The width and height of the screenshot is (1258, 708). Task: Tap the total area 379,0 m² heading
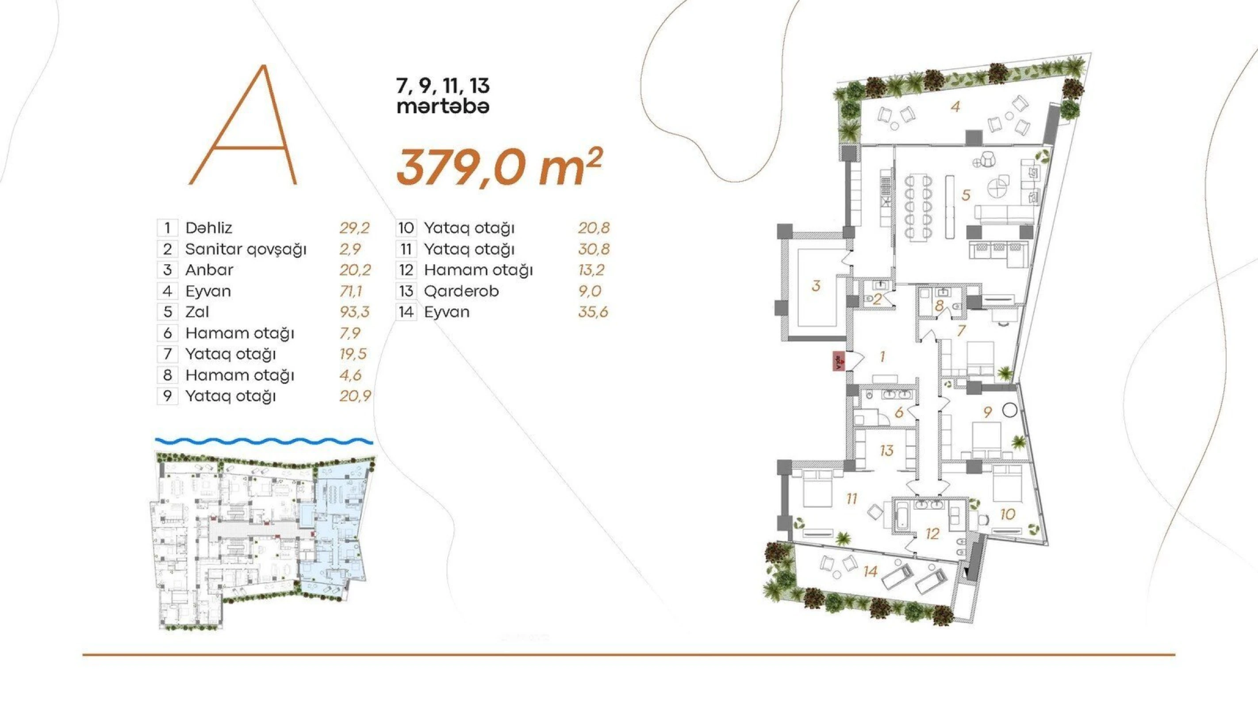point(498,167)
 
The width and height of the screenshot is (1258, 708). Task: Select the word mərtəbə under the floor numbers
point(442,107)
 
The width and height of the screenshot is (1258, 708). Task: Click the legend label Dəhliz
point(208,228)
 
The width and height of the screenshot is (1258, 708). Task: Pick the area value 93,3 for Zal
point(355,312)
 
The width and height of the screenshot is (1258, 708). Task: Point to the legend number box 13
point(406,291)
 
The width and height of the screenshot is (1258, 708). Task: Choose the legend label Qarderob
point(461,291)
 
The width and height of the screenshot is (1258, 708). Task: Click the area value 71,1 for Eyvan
point(351,291)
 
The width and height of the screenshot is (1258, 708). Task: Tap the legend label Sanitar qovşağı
point(245,249)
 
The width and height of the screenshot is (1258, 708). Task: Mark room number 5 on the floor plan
point(966,196)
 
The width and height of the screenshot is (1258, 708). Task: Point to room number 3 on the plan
point(816,286)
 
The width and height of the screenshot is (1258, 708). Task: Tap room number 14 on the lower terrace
point(870,571)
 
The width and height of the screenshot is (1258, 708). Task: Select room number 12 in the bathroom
point(932,534)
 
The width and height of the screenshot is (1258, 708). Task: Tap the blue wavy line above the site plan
point(264,441)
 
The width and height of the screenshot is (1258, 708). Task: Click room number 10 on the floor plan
point(1008,514)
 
